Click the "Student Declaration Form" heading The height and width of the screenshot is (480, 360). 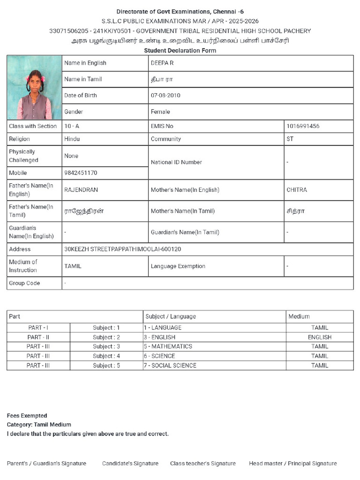(180, 51)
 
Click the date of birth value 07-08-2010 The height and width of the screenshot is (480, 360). (165, 95)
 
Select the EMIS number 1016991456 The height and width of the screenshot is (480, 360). (303, 126)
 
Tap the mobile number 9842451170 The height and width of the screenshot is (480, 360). (81, 173)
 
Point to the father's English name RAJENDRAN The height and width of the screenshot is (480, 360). (81, 190)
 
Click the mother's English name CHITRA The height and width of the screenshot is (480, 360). (297, 190)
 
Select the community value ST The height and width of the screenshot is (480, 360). (290, 139)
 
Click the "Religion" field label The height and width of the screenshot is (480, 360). (19, 139)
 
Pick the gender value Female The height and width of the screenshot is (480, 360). (160, 112)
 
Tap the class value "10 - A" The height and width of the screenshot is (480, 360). (72, 126)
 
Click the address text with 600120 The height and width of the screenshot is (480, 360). (122, 249)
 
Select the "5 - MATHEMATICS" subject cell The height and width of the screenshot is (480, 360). (168, 346)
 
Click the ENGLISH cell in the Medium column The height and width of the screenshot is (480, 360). (320, 337)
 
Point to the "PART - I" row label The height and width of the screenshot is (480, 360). (38, 328)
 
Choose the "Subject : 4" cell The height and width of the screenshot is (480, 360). (106, 356)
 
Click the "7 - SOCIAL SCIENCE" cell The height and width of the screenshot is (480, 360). (170, 366)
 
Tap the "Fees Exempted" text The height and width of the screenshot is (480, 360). (27, 416)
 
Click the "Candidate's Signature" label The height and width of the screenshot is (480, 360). (130, 464)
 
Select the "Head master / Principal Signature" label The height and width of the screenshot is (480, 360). (292, 464)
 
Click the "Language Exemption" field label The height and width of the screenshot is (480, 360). (178, 266)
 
